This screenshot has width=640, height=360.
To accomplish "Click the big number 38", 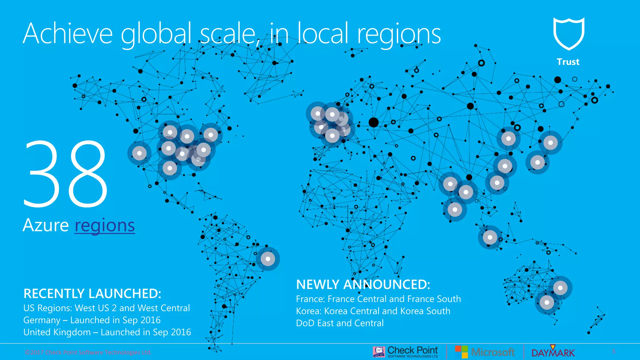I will coord(66,174).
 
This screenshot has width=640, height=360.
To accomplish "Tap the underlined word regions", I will coord(105,225).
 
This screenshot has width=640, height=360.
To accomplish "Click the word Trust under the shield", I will coord(568,62).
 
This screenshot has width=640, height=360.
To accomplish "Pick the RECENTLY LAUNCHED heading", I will coord(92,294).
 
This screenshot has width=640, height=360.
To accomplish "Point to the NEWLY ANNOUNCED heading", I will coord(363,285).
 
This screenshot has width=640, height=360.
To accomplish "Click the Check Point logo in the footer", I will coord(406,352).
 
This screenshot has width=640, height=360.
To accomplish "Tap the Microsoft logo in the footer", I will coord(485,352).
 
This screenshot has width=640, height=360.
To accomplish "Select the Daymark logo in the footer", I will coord(553,352).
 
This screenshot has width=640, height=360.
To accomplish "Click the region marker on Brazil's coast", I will coord(268,259).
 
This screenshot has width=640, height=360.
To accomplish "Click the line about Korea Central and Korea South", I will coord(373,311).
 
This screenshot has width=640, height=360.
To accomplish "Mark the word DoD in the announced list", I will coord(305,323).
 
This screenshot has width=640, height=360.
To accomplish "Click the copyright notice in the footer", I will coord(88,352).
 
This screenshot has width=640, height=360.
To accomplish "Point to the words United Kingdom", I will coord(57,332).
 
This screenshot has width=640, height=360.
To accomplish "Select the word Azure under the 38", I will coord(46,225).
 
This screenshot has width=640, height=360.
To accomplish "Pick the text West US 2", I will coord(96,308).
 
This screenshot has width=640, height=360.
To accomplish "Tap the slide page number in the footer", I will coord(613,352).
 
